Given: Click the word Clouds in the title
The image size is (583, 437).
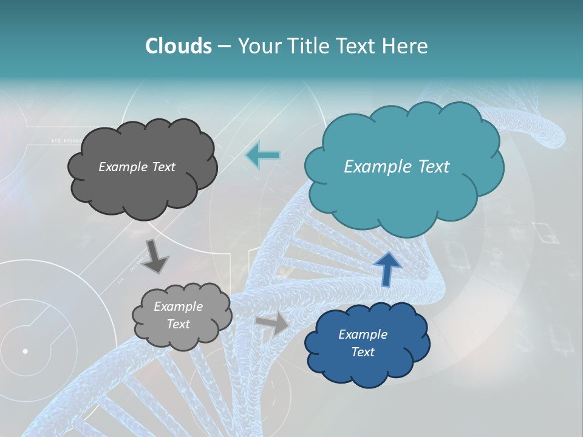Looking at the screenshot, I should click(179, 46).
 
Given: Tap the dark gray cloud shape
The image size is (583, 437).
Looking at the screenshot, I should click(143, 188).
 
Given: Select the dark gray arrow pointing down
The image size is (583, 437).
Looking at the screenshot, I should click(155, 256).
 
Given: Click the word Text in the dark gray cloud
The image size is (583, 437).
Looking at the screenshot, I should click(162, 167).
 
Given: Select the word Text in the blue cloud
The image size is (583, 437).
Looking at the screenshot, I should click(363, 352).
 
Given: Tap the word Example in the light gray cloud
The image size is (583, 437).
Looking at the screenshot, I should click(178, 307).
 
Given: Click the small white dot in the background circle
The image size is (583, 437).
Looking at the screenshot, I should click(25, 351).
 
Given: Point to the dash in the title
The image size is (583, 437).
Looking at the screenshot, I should click(224, 47).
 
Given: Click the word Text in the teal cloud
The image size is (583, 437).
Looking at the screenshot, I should click(432, 167).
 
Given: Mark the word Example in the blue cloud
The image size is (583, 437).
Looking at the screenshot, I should click(363, 334).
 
